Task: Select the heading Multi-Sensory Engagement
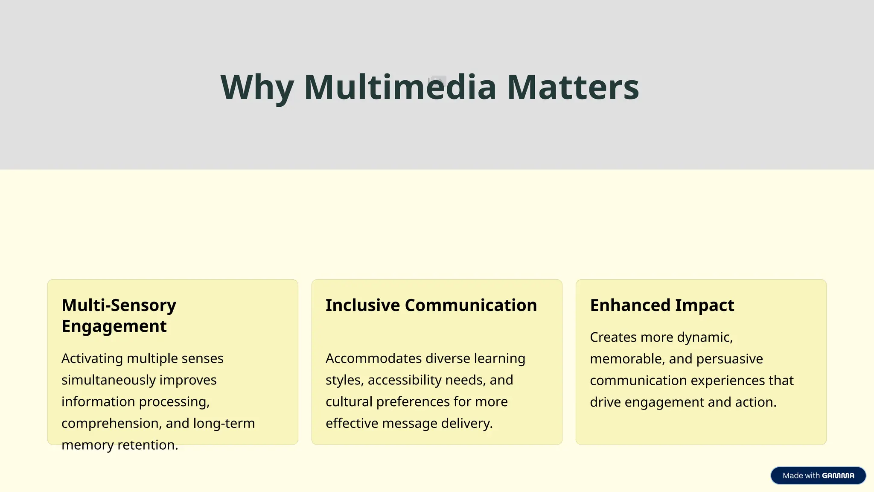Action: pyautogui.click(x=119, y=316)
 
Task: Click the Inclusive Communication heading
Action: pyautogui.click(x=431, y=305)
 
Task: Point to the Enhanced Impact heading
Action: pyautogui.click(x=662, y=305)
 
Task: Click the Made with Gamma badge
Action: pyautogui.click(x=818, y=475)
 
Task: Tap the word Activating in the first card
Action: pyautogui.click(x=92, y=358)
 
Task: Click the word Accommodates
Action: pyautogui.click(x=373, y=358)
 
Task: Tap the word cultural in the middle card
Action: pyautogui.click(x=349, y=402)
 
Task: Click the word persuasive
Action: pyautogui.click(x=729, y=359)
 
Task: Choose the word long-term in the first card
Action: pyautogui.click(x=224, y=423)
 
